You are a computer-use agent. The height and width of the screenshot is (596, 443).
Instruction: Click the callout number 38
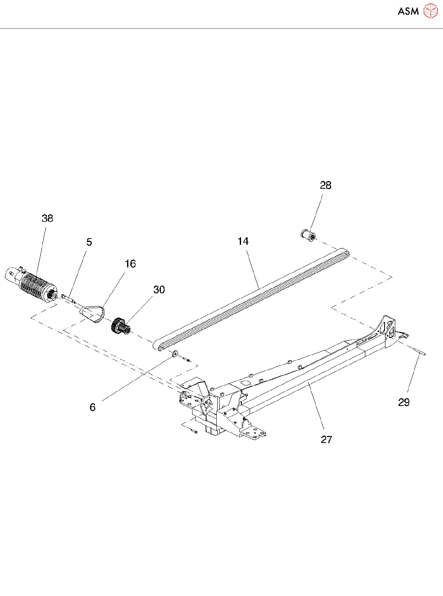[47, 218]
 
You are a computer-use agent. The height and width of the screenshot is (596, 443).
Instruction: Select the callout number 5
[89, 242]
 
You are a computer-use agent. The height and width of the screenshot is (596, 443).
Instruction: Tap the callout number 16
[130, 264]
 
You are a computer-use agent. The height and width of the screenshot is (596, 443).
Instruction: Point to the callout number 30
[159, 290]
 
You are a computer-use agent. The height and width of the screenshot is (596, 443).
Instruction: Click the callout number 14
[243, 241]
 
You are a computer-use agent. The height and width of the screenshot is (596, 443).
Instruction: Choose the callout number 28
[326, 186]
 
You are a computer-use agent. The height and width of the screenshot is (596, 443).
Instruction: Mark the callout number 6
[93, 407]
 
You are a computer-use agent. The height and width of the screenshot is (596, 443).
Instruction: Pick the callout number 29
[404, 402]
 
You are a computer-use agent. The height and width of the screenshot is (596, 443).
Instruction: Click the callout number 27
[326, 440]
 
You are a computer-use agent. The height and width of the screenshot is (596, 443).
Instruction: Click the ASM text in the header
[408, 12]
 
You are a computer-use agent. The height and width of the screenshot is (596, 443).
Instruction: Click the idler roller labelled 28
[308, 236]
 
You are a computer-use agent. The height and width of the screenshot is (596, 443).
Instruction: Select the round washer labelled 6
[175, 353]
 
